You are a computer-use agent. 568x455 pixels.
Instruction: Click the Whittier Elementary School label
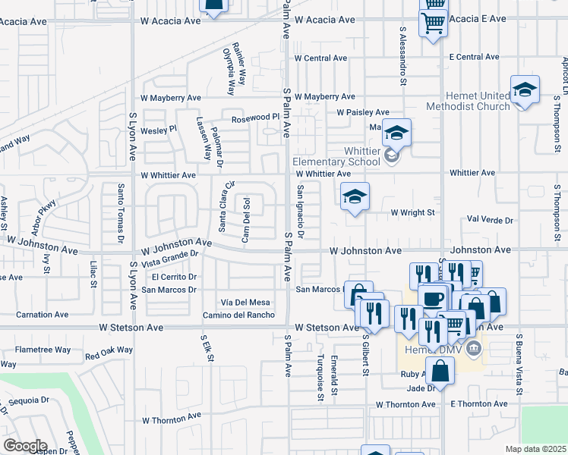click(x=336, y=155)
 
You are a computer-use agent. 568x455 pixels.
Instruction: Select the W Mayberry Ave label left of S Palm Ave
click(x=171, y=98)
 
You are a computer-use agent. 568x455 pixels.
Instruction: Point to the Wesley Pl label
click(x=159, y=130)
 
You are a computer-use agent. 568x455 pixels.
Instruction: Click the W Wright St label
click(x=412, y=213)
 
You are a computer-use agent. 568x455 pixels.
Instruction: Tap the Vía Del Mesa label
click(x=245, y=303)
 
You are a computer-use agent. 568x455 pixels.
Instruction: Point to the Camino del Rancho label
click(x=238, y=315)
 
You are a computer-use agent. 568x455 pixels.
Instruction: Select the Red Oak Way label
click(x=109, y=353)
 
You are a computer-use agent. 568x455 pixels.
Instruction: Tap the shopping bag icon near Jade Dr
click(x=440, y=372)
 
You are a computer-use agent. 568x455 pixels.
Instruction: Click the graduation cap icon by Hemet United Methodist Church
click(x=525, y=90)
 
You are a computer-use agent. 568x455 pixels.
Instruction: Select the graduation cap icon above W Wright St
click(x=355, y=197)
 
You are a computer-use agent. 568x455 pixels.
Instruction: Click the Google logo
click(x=25, y=445)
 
